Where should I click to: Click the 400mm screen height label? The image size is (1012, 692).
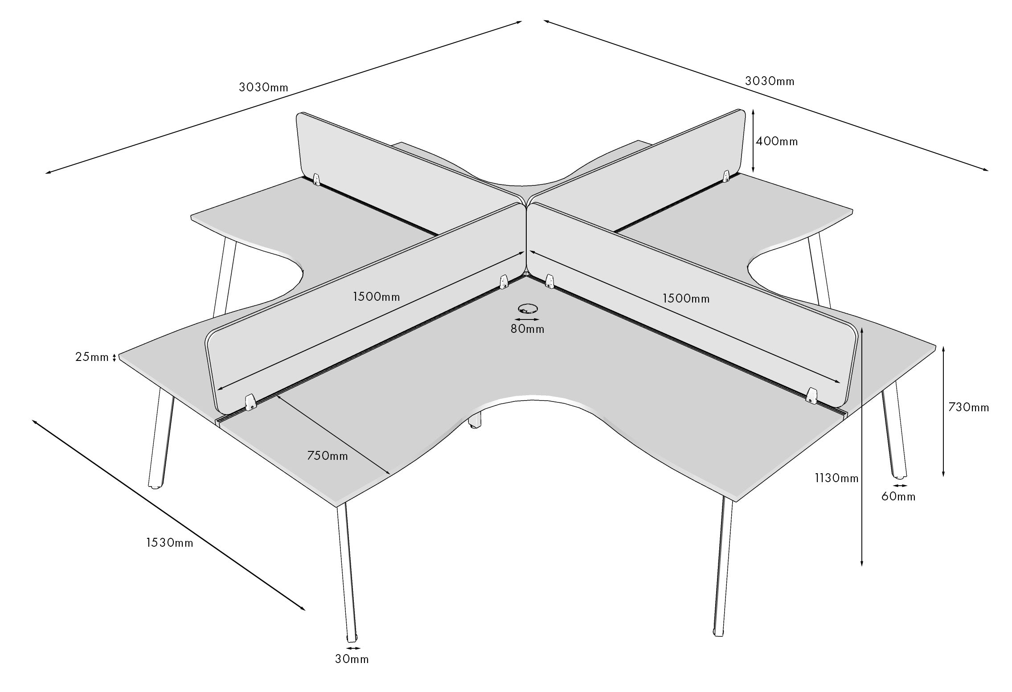coord(777,142)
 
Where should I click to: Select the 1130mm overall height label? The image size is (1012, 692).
coord(836,478)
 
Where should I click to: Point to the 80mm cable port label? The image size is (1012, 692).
coord(528,329)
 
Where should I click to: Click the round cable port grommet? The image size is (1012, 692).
coord(528,308)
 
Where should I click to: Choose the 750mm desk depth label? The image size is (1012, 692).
coord(328,456)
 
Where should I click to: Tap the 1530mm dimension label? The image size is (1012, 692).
coord(170,543)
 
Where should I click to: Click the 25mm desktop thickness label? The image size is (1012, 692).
coord(92,357)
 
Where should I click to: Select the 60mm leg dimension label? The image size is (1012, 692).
coord(898,496)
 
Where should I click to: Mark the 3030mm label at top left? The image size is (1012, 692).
coord(264,87)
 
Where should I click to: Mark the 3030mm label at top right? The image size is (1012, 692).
coord(770,81)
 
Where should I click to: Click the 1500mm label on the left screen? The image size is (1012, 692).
coord(377,296)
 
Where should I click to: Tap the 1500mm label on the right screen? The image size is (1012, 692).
coord(686,298)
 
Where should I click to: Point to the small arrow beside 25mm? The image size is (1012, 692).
coord(115,357)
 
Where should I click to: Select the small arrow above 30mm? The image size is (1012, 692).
coord(353,648)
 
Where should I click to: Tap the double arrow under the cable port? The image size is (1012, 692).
coord(527,319)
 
